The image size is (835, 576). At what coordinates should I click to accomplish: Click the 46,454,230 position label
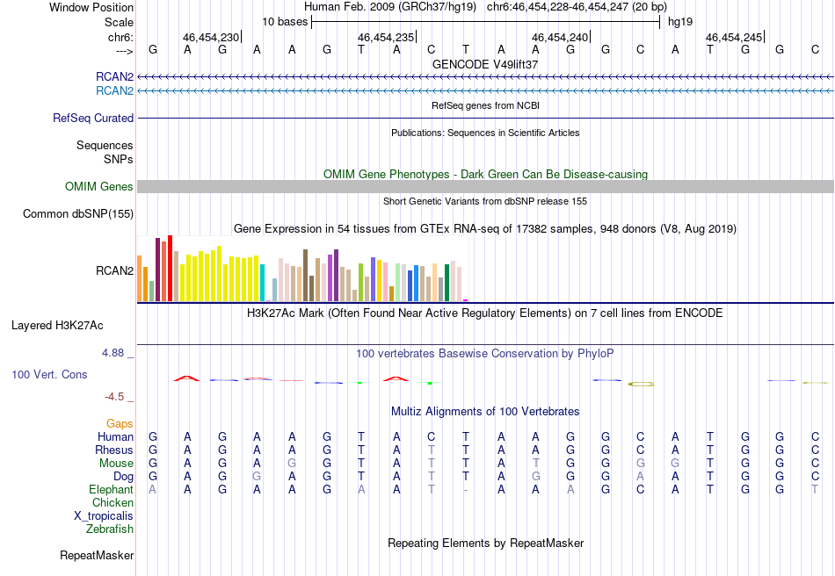(210, 38)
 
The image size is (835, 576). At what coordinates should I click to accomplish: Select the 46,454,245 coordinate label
(734, 38)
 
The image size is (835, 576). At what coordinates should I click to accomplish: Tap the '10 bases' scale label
(285, 21)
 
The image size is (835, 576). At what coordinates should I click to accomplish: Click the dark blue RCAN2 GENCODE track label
(115, 77)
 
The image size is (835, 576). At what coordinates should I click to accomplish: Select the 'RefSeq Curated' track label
(93, 118)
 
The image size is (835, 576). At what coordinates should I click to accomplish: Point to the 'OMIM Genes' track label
(99, 186)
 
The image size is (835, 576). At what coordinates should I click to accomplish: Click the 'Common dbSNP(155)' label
(78, 213)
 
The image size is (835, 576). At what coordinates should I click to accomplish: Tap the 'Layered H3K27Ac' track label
(57, 325)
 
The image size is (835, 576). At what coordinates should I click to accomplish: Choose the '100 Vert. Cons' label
(49, 374)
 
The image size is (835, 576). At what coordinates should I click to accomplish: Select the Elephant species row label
(111, 489)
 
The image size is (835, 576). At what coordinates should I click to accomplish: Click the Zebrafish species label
(110, 529)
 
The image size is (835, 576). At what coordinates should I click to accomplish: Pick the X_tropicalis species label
(104, 515)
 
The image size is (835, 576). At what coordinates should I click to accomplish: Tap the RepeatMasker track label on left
(97, 555)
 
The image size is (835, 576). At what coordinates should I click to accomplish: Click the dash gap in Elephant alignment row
(466, 489)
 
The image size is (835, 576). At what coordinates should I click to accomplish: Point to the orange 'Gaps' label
(120, 423)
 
